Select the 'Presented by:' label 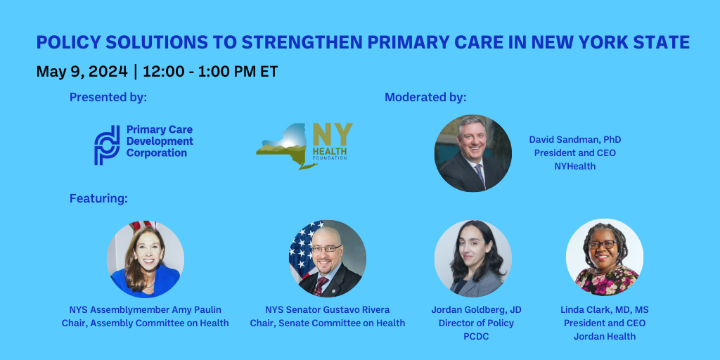coord(108,97)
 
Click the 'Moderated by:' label coord(425,97)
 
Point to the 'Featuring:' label coord(98,199)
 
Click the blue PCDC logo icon coord(107,146)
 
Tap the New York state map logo coord(285,148)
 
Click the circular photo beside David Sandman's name coord(473,153)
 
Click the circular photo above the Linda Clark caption coord(605,257)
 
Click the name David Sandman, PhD coord(575,140)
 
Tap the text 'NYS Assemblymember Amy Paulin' coord(145,310)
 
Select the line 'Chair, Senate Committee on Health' coord(328,323)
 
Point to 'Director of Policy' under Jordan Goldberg coord(476,323)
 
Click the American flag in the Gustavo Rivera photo coord(302,243)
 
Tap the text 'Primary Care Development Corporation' coord(160,141)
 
